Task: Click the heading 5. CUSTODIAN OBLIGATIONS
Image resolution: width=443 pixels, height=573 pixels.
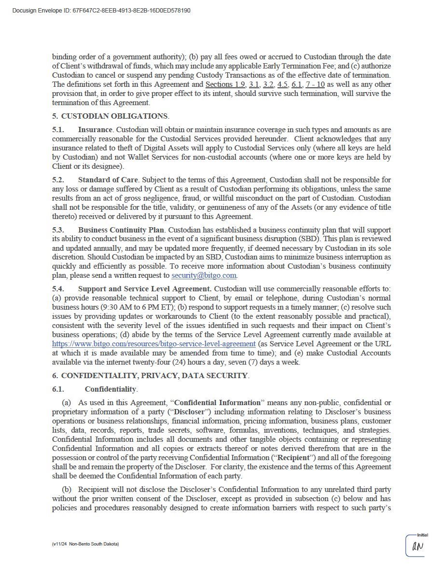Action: [111, 116]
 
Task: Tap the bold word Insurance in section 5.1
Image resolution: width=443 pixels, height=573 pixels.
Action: [95, 130]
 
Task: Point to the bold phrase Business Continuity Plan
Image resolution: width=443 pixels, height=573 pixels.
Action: [121, 230]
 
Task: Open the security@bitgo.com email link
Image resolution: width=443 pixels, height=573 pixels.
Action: [204, 275]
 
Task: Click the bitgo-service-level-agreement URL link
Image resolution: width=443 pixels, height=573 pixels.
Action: [153, 344]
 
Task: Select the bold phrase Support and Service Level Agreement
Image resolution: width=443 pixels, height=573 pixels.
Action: [144, 289]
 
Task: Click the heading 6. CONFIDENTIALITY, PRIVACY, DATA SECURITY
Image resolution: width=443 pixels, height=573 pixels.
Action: [151, 376]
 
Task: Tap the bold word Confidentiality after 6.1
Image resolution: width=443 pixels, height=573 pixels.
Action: [111, 389]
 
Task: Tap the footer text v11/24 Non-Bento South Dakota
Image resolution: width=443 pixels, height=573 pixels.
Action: [85, 544]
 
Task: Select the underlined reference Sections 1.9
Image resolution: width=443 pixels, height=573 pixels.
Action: [225, 84]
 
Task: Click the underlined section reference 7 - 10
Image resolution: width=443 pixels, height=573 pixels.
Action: [315, 84]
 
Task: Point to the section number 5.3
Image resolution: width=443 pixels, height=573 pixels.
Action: [58, 230]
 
